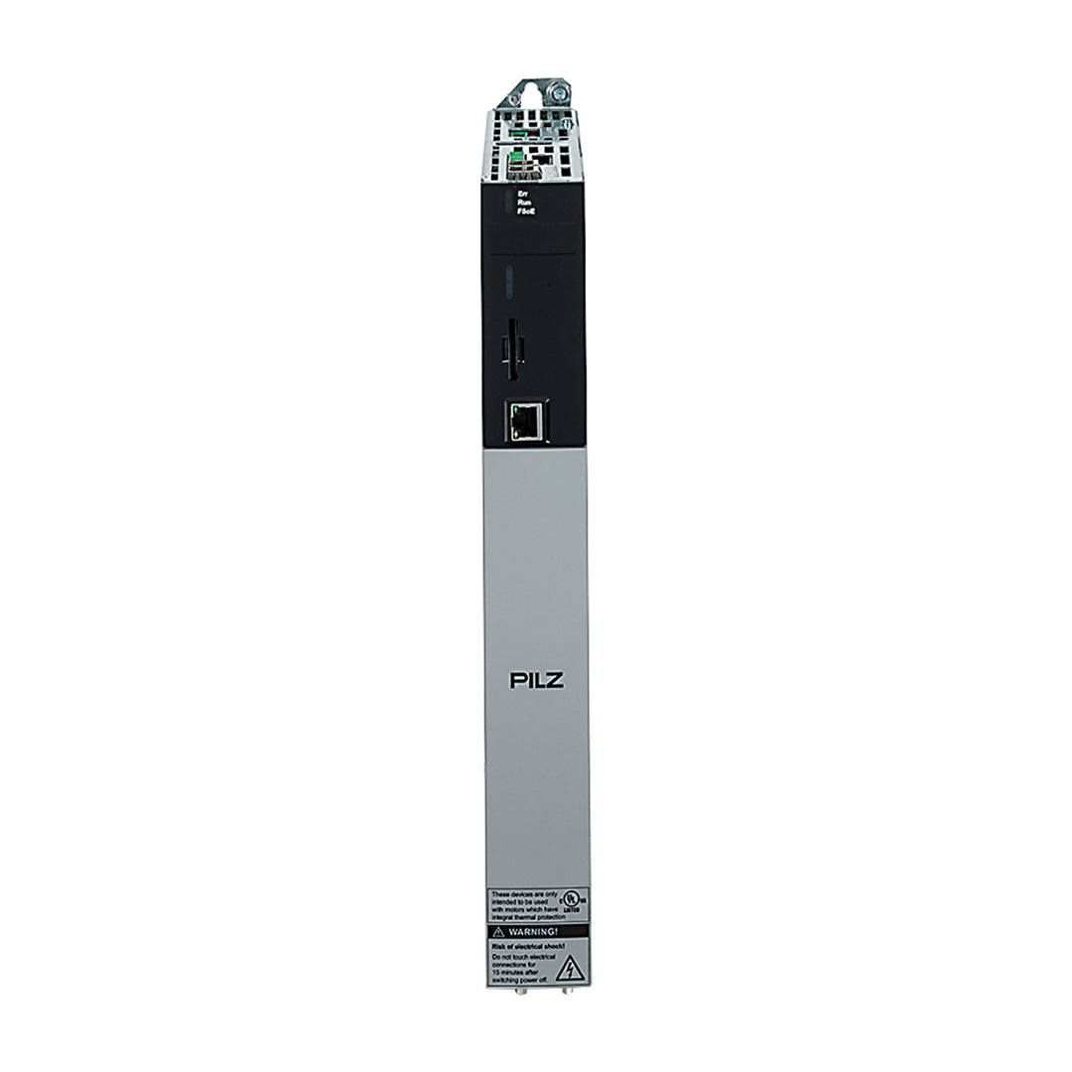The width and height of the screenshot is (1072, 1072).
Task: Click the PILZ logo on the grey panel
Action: point(536,680)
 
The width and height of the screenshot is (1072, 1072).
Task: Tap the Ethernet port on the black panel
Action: point(526,423)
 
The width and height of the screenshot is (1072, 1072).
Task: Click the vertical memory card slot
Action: point(512,347)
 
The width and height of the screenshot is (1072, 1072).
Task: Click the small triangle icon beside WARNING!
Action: point(498,933)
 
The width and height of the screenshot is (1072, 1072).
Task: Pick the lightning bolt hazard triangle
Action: point(569,968)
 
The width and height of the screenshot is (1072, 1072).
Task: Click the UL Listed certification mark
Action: point(570,899)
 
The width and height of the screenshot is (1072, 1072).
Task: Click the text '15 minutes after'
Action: point(516,972)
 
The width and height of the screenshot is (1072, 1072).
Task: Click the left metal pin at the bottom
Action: point(522,991)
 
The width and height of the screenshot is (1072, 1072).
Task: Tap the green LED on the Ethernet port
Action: point(515,409)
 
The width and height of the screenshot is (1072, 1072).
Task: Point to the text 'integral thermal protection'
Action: point(526,918)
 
